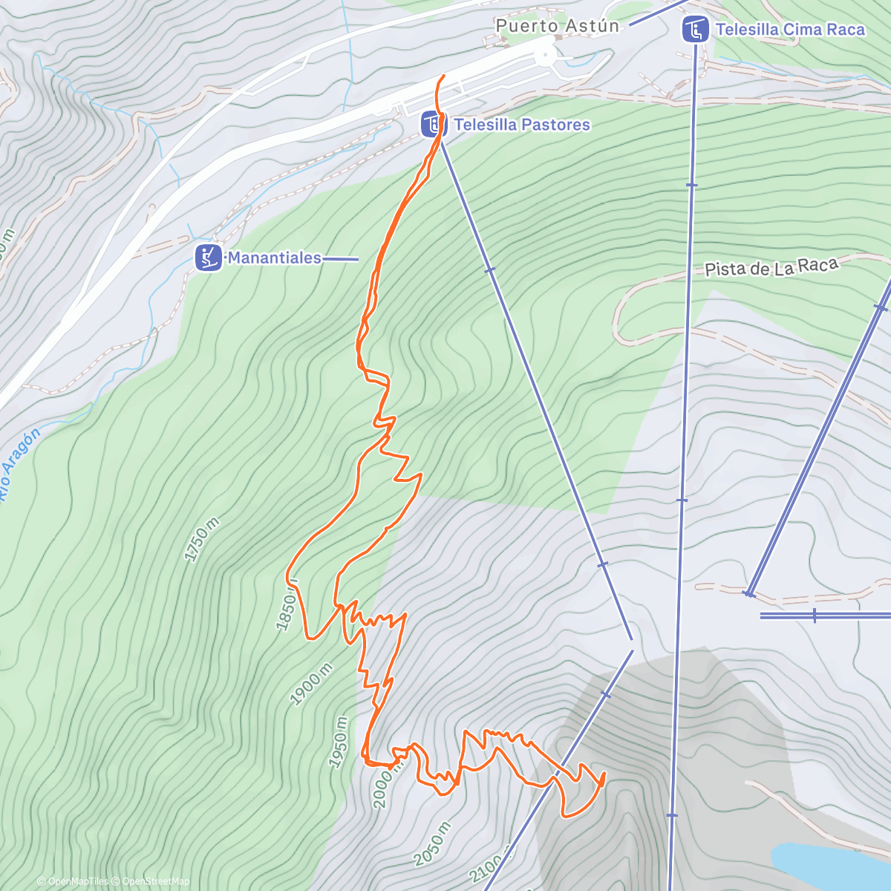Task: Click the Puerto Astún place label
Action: click(557, 26)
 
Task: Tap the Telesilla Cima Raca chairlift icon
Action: click(694, 30)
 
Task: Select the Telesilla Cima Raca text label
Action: click(790, 30)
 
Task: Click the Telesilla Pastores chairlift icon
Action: click(432, 124)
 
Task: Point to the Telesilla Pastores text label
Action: click(521, 125)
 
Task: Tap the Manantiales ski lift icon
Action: click(209, 258)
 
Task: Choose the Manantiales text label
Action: click(274, 258)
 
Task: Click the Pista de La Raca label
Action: click(771, 267)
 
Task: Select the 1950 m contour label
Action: click(339, 742)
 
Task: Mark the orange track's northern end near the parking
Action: click(444, 76)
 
